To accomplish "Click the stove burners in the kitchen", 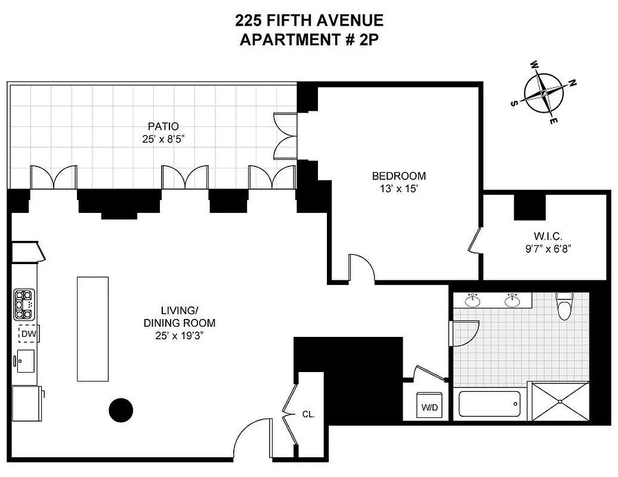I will [25, 305].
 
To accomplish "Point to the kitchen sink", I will [26, 361].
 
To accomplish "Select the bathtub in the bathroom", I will [489, 404].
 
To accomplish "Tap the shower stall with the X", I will [560, 402].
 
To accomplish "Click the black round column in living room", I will [120, 409].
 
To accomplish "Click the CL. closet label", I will [308, 413].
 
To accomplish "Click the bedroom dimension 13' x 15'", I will [398, 188].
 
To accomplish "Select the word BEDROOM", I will [398, 176].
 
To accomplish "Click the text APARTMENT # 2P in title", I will [308, 41].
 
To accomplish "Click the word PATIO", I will [163, 126].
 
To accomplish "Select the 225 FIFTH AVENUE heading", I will [308, 21].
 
